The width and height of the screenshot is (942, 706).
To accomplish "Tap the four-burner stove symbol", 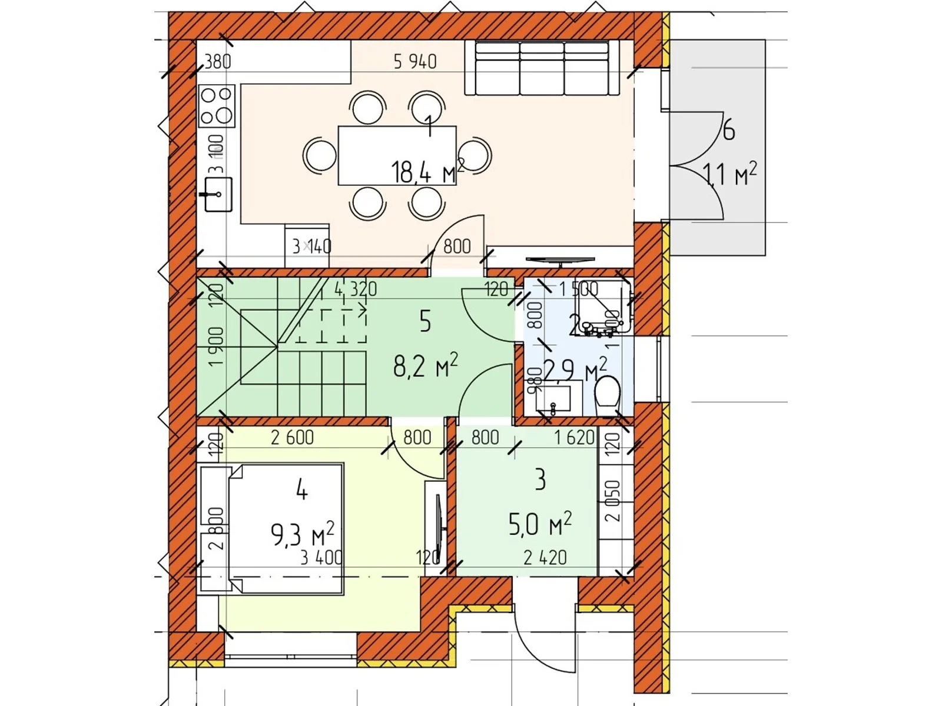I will tap(217, 106).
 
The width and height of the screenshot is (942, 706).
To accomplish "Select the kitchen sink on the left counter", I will tap(218, 194).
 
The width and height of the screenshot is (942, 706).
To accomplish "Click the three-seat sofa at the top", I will tap(542, 68).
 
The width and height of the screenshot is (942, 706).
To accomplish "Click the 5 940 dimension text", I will tap(415, 61).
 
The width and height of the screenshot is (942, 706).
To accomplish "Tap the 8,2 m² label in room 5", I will tap(425, 366).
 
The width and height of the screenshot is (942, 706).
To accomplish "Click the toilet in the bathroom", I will tap(608, 395).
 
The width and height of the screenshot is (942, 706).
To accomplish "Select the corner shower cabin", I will tap(603, 307).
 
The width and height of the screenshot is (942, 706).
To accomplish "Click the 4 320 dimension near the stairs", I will tap(356, 289).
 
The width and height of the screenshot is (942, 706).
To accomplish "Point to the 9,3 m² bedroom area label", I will tap(302, 534).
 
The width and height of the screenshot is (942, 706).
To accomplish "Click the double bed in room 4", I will tap(286, 528).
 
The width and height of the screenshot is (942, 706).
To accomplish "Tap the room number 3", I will tap(540, 479).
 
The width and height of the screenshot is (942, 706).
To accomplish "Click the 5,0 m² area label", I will tap(539, 524).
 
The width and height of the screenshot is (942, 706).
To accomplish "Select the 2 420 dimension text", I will tap(545, 557).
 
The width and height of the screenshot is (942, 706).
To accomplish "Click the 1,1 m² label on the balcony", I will tap(729, 174).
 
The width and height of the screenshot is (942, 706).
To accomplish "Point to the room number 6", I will tap(729, 130).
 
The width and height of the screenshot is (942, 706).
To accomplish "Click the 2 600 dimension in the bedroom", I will tap(292, 438).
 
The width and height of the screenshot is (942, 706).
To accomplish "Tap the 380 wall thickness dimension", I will tap(217, 61).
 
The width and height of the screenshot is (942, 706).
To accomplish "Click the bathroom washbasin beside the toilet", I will tap(553, 398).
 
